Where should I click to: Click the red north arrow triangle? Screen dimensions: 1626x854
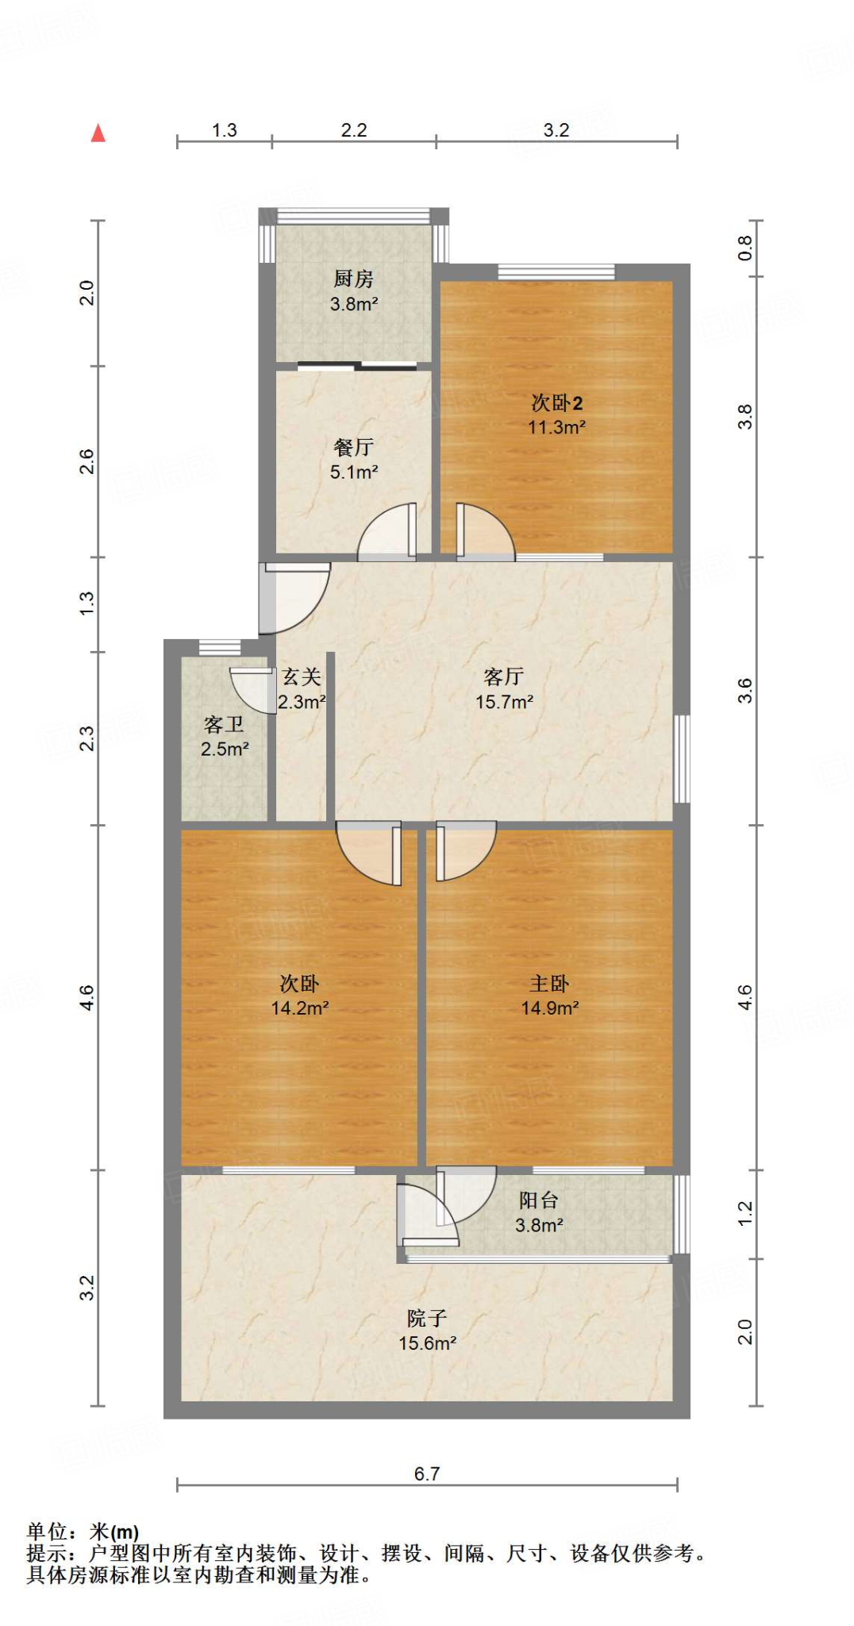pyautogui.click(x=98, y=133)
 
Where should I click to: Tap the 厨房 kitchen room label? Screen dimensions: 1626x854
pyautogui.click(x=353, y=279)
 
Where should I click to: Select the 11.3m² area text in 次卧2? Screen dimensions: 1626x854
pyautogui.click(x=556, y=427)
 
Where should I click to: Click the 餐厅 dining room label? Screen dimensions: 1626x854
pyautogui.click(x=353, y=448)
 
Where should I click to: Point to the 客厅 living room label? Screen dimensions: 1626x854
pyautogui.click(x=503, y=677)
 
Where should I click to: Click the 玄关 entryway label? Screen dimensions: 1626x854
pyautogui.click(x=302, y=677)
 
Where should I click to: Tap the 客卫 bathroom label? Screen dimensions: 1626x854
pyautogui.click(x=224, y=725)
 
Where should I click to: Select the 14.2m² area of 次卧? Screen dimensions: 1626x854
pyautogui.click(x=299, y=1008)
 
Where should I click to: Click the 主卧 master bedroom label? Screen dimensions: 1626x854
pyautogui.click(x=549, y=984)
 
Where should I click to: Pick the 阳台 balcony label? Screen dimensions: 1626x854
pyautogui.click(x=538, y=1200)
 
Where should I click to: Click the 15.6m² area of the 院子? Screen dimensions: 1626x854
pyautogui.click(x=427, y=1343)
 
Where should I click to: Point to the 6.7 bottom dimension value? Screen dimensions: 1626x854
pyautogui.click(x=427, y=1474)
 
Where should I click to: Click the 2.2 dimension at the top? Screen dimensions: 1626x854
pyautogui.click(x=354, y=130)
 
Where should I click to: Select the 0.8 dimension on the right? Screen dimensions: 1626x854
pyautogui.click(x=744, y=248)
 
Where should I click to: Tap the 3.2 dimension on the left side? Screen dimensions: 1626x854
pyautogui.click(x=87, y=1287)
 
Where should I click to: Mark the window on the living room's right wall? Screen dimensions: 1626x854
pyautogui.click(x=681, y=758)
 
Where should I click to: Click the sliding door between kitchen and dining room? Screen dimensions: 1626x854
pyautogui.click(x=357, y=366)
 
